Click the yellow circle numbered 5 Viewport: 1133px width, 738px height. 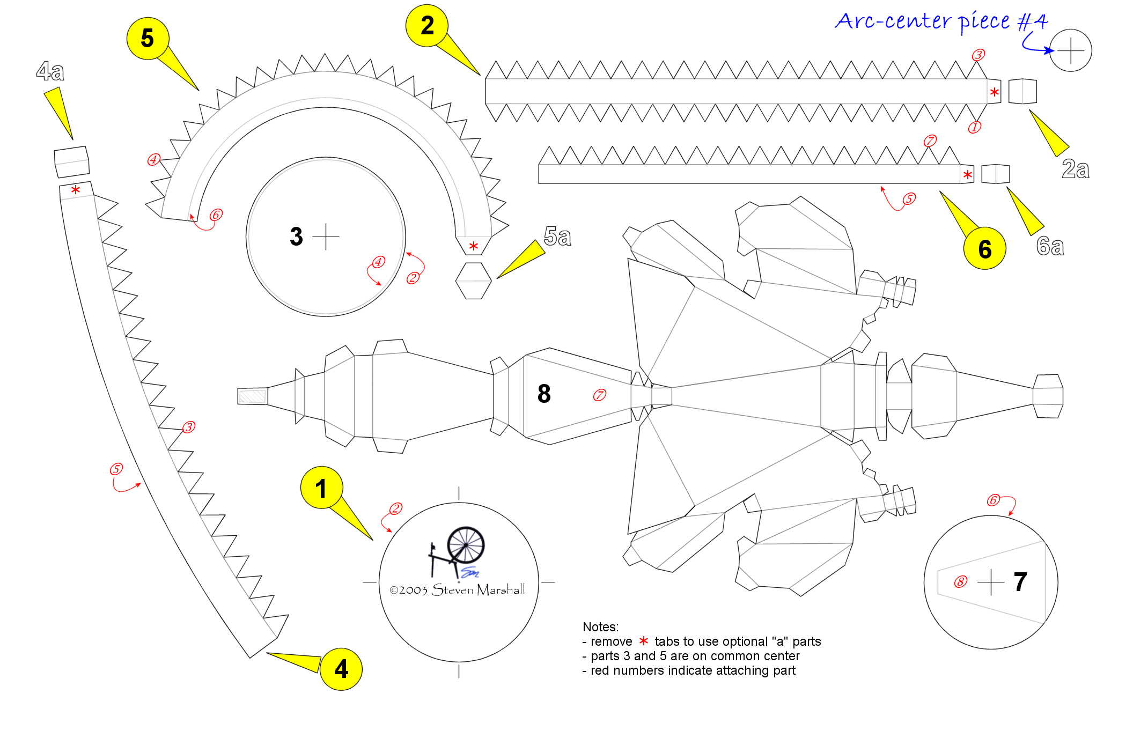tap(148, 39)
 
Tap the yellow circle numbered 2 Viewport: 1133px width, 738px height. tap(427, 26)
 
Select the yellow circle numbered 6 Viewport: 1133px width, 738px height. tap(984, 248)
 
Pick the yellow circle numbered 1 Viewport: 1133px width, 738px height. tap(321, 488)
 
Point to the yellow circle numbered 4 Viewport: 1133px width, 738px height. tap(341, 669)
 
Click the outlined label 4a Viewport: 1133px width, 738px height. tap(50, 71)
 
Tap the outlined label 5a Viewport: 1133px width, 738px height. tap(557, 236)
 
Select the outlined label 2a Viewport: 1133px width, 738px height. tap(1076, 169)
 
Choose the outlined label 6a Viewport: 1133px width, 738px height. tap(1050, 246)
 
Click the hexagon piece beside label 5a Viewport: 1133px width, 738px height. tap(474, 281)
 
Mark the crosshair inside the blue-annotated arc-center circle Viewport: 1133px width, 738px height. tap(1071, 50)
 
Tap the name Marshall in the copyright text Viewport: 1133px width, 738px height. tap(501, 589)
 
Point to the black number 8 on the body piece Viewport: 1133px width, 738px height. tap(544, 394)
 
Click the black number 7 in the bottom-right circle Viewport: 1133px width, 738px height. tap(1020, 582)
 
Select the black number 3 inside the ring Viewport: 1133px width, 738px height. tap(296, 237)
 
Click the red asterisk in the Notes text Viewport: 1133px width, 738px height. tap(644, 641)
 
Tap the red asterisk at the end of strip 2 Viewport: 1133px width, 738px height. tap(995, 92)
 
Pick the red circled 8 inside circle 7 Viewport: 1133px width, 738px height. tap(961, 582)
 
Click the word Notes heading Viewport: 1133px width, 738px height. tap(600, 627)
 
